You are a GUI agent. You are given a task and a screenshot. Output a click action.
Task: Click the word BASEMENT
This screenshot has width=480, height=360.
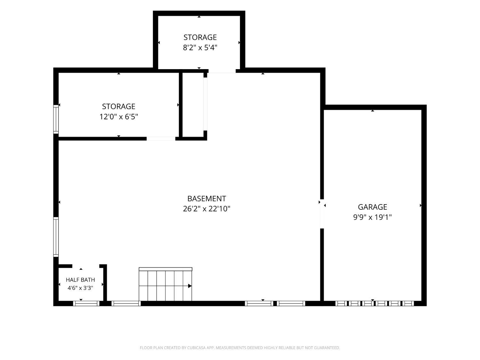(x=206, y=198)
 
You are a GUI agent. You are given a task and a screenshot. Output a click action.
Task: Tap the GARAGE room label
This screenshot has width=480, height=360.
(x=372, y=207)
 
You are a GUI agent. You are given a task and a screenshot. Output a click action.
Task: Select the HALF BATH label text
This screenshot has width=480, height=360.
(x=80, y=280)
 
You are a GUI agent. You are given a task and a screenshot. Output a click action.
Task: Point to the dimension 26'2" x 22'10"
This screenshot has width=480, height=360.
(x=206, y=209)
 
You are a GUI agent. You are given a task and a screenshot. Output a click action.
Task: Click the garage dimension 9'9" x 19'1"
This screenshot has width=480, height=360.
(x=372, y=217)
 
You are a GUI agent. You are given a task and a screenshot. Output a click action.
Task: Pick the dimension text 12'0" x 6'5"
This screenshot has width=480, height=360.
(x=118, y=117)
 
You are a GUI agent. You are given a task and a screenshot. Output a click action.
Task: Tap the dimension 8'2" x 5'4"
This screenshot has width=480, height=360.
(x=200, y=47)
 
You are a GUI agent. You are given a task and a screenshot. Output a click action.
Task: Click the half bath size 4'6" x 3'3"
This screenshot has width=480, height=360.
(x=80, y=288)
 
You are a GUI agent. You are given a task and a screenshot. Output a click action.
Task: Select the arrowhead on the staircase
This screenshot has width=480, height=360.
(x=190, y=286)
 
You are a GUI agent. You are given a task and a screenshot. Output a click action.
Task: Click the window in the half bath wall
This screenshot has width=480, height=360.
(x=86, y=303)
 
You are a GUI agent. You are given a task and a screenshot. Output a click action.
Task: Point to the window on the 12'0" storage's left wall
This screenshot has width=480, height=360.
(x=56, y=119)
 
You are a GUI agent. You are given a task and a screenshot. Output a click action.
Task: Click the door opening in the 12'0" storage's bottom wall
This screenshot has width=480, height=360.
(x=161, y=139)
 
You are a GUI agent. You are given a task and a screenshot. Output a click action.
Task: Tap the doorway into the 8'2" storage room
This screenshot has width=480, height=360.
(x=222, y=71)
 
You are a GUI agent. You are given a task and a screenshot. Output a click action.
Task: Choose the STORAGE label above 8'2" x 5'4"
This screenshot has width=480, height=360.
(x=200, y=37)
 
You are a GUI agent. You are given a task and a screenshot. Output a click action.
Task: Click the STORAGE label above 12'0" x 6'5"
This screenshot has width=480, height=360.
(x=118, y=107)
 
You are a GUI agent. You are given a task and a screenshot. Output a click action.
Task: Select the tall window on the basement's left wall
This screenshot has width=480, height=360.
(x=56, y=237)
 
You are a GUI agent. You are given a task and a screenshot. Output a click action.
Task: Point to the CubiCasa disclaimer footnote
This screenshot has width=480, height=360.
(x=240, y=348)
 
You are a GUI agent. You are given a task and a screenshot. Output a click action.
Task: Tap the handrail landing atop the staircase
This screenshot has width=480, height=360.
(x=165, y=269)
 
